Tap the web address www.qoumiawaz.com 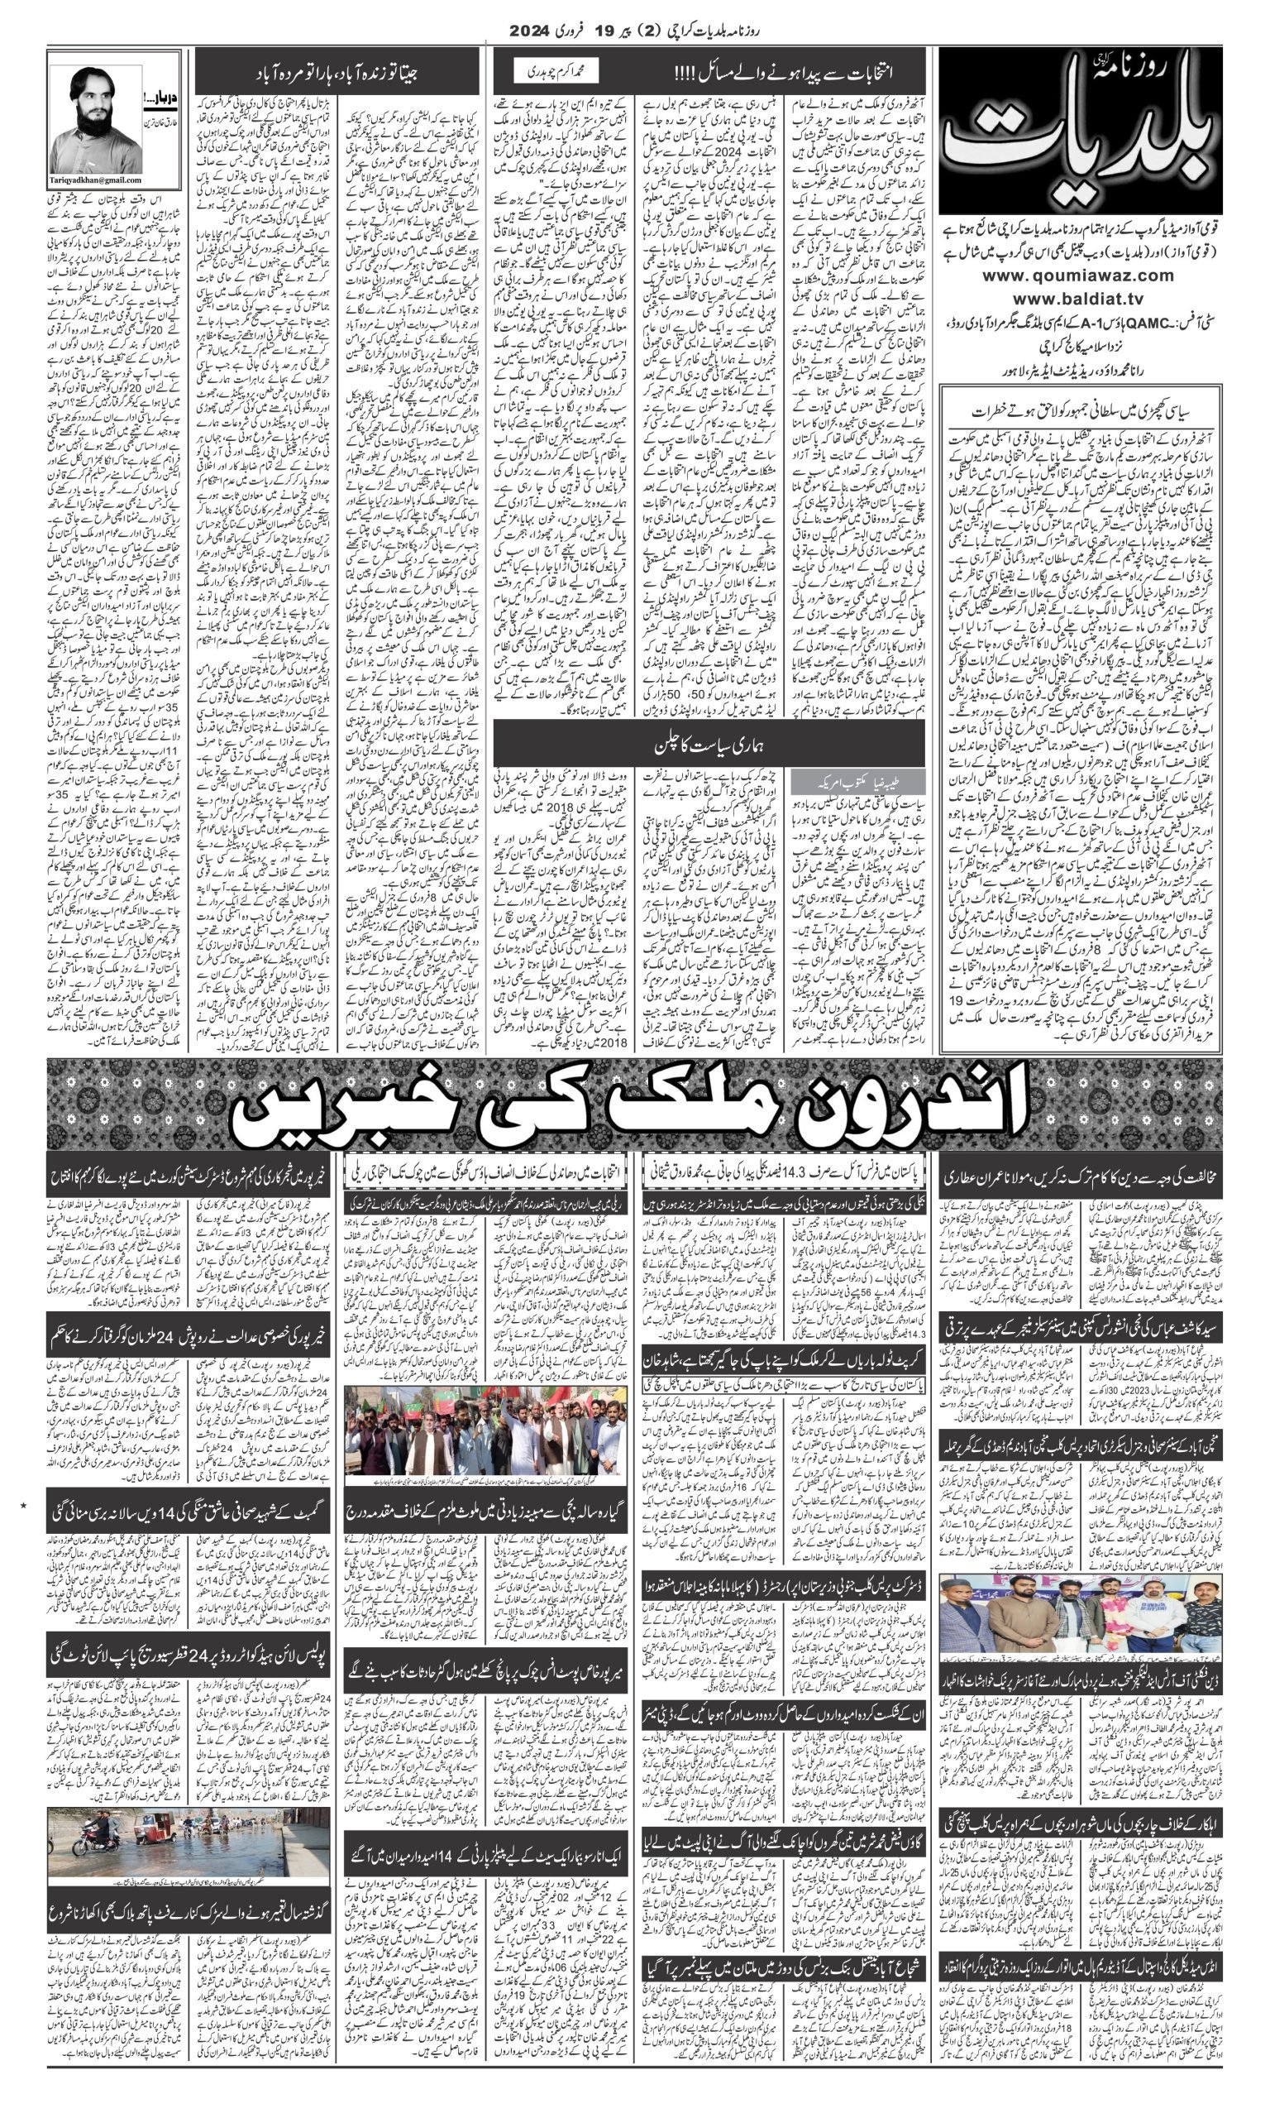tap(1079, 275)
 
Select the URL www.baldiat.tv tap(1079, 299)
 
